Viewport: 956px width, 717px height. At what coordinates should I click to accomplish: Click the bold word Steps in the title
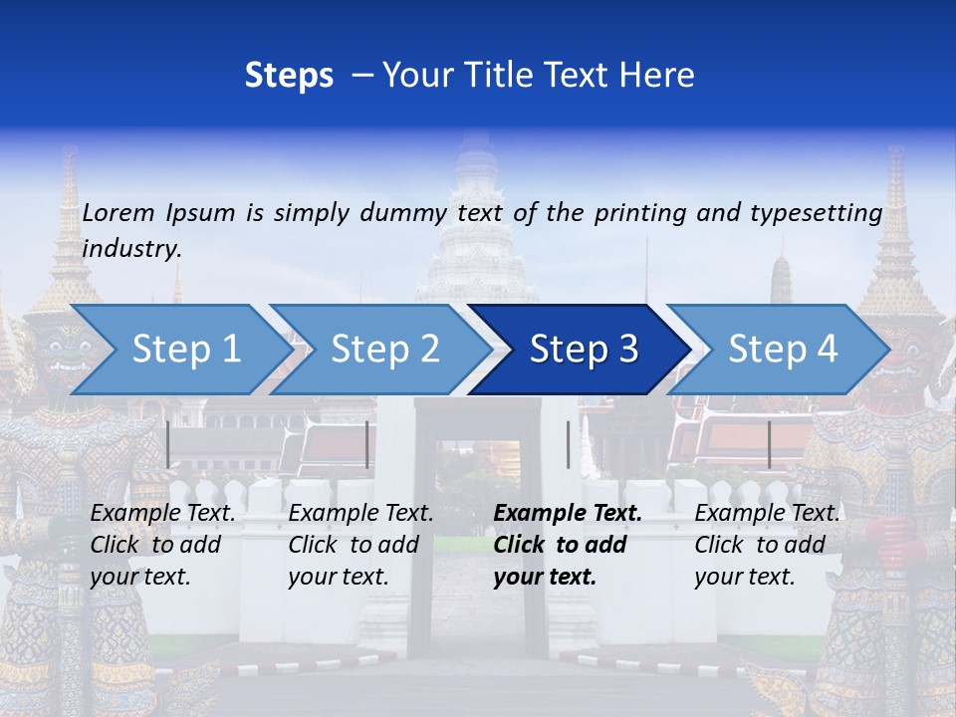(x=289, y=76)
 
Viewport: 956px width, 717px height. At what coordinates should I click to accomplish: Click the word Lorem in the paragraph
(x=119, y=212)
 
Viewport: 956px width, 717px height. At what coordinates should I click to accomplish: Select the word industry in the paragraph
(x=131, y=249)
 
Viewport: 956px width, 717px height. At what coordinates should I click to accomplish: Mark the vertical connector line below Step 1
(x=168, y=444)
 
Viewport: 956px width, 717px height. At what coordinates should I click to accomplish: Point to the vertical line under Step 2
(x=367, y=444)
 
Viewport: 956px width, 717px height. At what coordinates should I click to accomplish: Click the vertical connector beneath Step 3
(x=568, y=444)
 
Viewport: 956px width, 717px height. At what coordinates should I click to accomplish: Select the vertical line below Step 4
(x=769, y=444)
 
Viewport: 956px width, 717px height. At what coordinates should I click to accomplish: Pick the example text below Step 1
(x=162, y=545)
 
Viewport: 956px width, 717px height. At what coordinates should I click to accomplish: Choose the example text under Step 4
(x=767, y=545)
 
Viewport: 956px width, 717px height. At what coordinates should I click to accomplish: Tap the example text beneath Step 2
(x=360, y=545)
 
